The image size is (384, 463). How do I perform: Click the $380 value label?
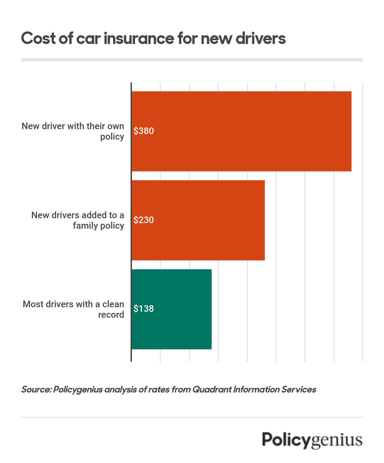point(143,131)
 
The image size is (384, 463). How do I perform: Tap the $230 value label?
point(143,220)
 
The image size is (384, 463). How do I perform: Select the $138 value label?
point(143,309)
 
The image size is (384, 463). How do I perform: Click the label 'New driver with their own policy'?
point(73,131)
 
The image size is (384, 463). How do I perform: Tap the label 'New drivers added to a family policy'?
point(77,220)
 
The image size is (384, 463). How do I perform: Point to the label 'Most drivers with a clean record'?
point(73,309)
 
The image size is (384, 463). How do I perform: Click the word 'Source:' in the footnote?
point(36,389)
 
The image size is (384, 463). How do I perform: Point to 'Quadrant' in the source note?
point(212,389)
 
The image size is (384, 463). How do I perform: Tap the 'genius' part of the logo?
point(337,441)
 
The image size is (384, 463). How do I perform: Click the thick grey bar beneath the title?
point(192,60)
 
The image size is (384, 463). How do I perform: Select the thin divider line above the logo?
point(192,417)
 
